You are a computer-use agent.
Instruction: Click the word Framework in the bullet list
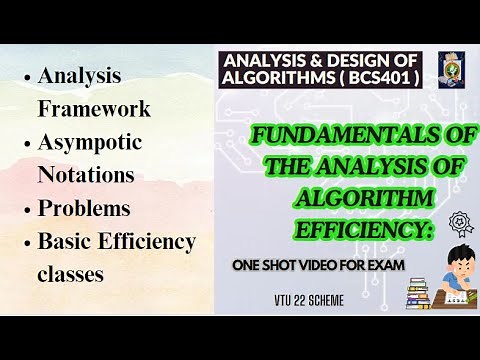pos(94,108)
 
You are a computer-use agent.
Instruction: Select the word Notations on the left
pos(85,175)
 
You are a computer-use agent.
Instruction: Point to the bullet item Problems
pos(84,209)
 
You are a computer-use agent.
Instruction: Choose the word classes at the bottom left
pos(71,274)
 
